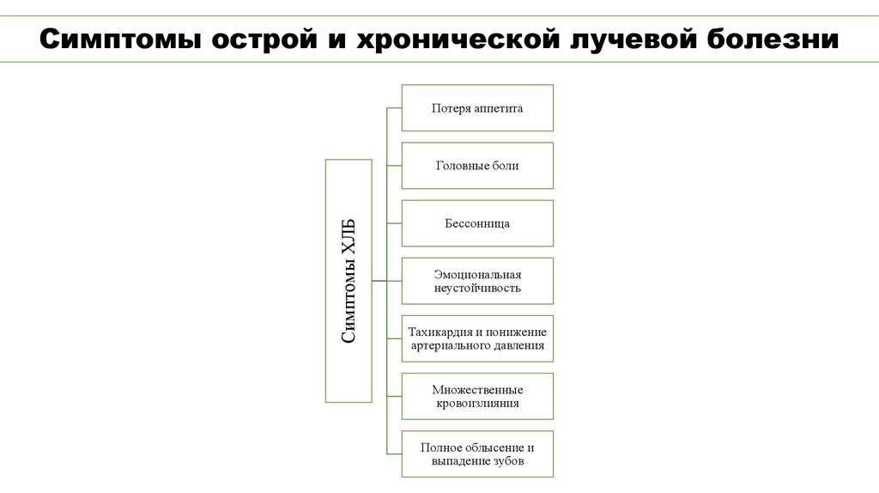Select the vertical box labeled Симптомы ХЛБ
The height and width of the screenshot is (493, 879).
coord(349,281)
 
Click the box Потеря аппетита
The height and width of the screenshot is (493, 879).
coord(477,108)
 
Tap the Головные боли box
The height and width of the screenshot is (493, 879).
coord(477,166)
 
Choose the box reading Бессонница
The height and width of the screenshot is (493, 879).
coord(477,223)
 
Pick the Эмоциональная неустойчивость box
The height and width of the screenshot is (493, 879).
coord(477,281)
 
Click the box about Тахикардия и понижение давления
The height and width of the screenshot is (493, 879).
coord(477,338)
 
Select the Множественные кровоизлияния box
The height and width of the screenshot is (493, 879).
coord(477,396)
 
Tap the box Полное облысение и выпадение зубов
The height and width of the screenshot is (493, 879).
coord(477,453)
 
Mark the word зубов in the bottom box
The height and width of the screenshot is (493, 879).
coord(506,461)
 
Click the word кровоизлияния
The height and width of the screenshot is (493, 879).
coord(477,404)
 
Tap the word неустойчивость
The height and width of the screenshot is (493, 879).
coord(477,289)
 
